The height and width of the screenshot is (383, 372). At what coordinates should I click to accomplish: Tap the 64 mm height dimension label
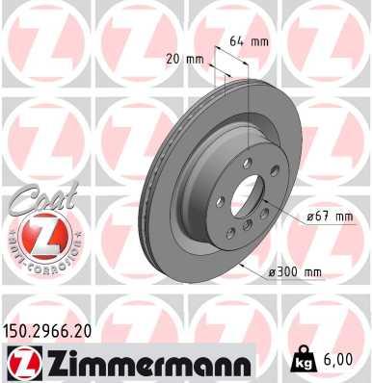(x=249, y=41)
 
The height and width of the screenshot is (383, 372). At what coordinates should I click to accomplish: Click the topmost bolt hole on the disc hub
(x=248, y=165)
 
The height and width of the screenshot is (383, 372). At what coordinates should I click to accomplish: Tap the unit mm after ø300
(x=311, y=272)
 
